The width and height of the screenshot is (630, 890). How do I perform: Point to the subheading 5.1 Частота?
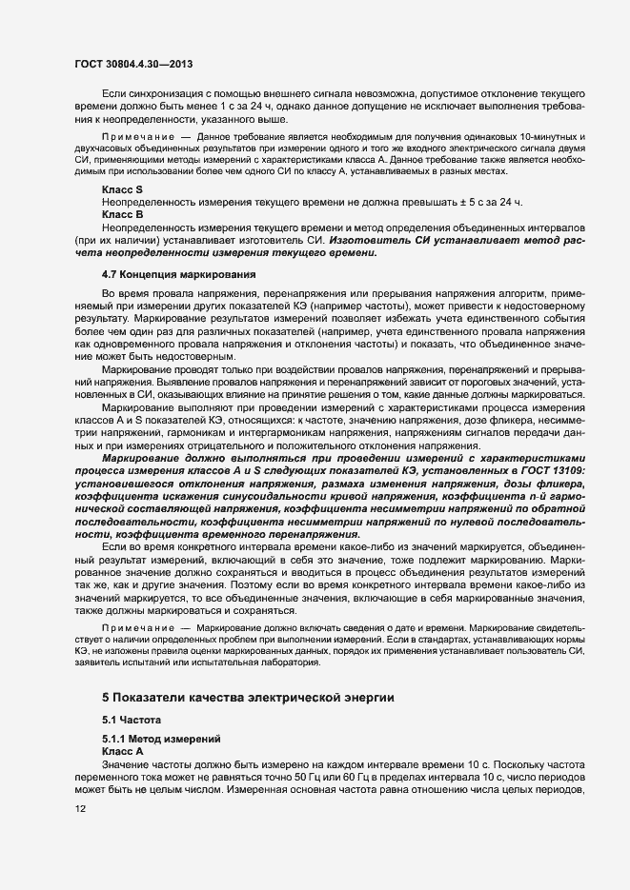click(132, 721)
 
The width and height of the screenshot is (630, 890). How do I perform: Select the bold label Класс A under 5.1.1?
click(122, 752)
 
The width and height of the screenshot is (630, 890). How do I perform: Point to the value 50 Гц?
click(311, 778)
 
